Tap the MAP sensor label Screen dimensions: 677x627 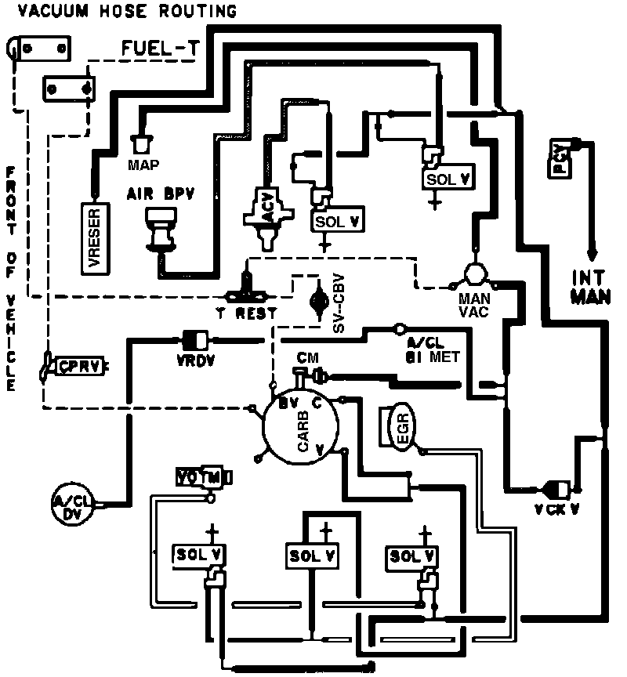143,165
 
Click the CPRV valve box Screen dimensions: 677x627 77,366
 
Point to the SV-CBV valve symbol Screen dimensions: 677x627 319,302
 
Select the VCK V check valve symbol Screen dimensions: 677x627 559,490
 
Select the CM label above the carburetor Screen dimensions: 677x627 306,357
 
